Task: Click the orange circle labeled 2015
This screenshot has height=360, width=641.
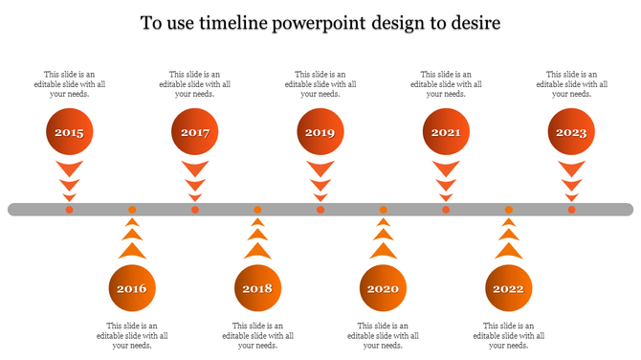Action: pyautogui.click(x=69, y=133)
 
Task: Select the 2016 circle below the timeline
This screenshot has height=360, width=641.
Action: pyautogui.click(x=132, y=288)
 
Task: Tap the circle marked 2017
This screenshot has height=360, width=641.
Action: pyautogui.click(x=194, y=133)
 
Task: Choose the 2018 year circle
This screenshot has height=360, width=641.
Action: pyautogui.click(x=257, y=288)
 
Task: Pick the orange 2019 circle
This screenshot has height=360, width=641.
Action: pyautogui.click(x=320, y=133)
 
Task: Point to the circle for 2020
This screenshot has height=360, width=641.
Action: pyautogui.click(x=383, y=288)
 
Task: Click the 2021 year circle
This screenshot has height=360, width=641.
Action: pyautogui.click(x=446, y=133)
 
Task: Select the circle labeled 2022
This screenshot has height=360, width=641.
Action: pyautogui.click(x=508, y=288)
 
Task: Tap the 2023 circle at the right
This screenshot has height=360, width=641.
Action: pyautogui.click(x=571, y=133)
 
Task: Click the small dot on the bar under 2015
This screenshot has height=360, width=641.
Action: pyautogui.click(x=69, y=210)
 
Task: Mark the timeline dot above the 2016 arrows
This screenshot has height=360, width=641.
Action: pyautogui.click(x=132, y=210)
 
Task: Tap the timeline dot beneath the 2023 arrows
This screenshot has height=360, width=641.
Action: pyautogui.click(x=571, y=210)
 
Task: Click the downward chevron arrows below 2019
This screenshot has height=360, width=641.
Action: pyautogui.click(x=320, y=179)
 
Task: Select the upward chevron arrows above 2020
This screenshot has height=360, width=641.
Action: pyautogui.click(x=383, y=240)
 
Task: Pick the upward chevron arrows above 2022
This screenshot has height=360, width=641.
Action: pyautogui.click(x=508, y=240)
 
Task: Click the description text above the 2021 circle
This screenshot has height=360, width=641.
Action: pyautogui.click(x=446, y=84)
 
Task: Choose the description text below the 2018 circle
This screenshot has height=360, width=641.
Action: pyautogui.click(x=257, y=335)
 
